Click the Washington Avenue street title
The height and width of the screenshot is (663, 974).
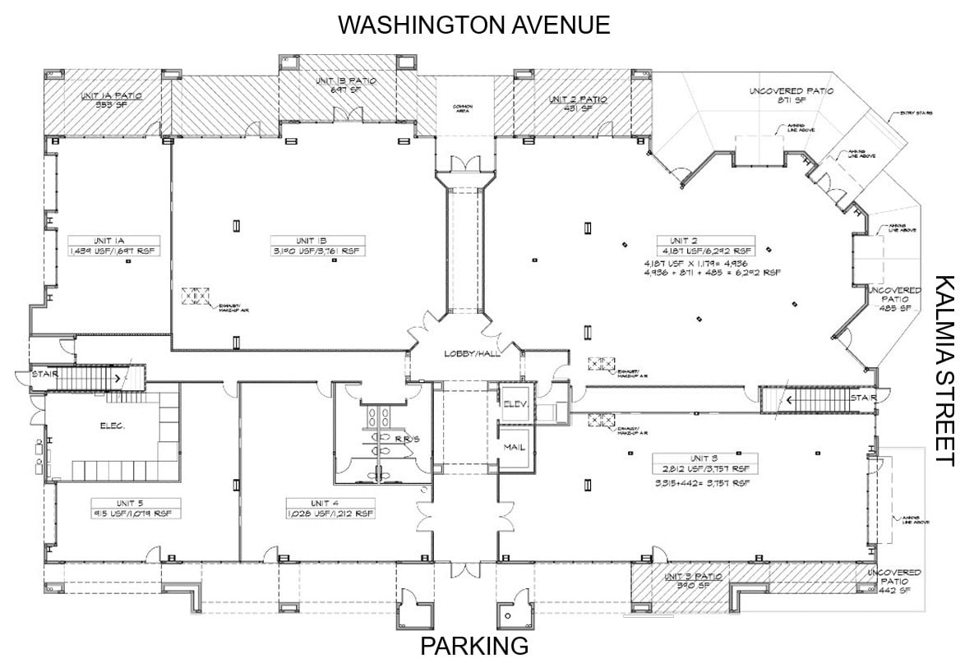point(474,25)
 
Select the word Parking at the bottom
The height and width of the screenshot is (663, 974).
point(474,646)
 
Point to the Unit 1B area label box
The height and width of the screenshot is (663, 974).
point(317,245)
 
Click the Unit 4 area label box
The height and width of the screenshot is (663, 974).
point(330,508)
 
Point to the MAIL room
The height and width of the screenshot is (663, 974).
point(515,447)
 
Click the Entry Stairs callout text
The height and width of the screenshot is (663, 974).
point(917,113)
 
